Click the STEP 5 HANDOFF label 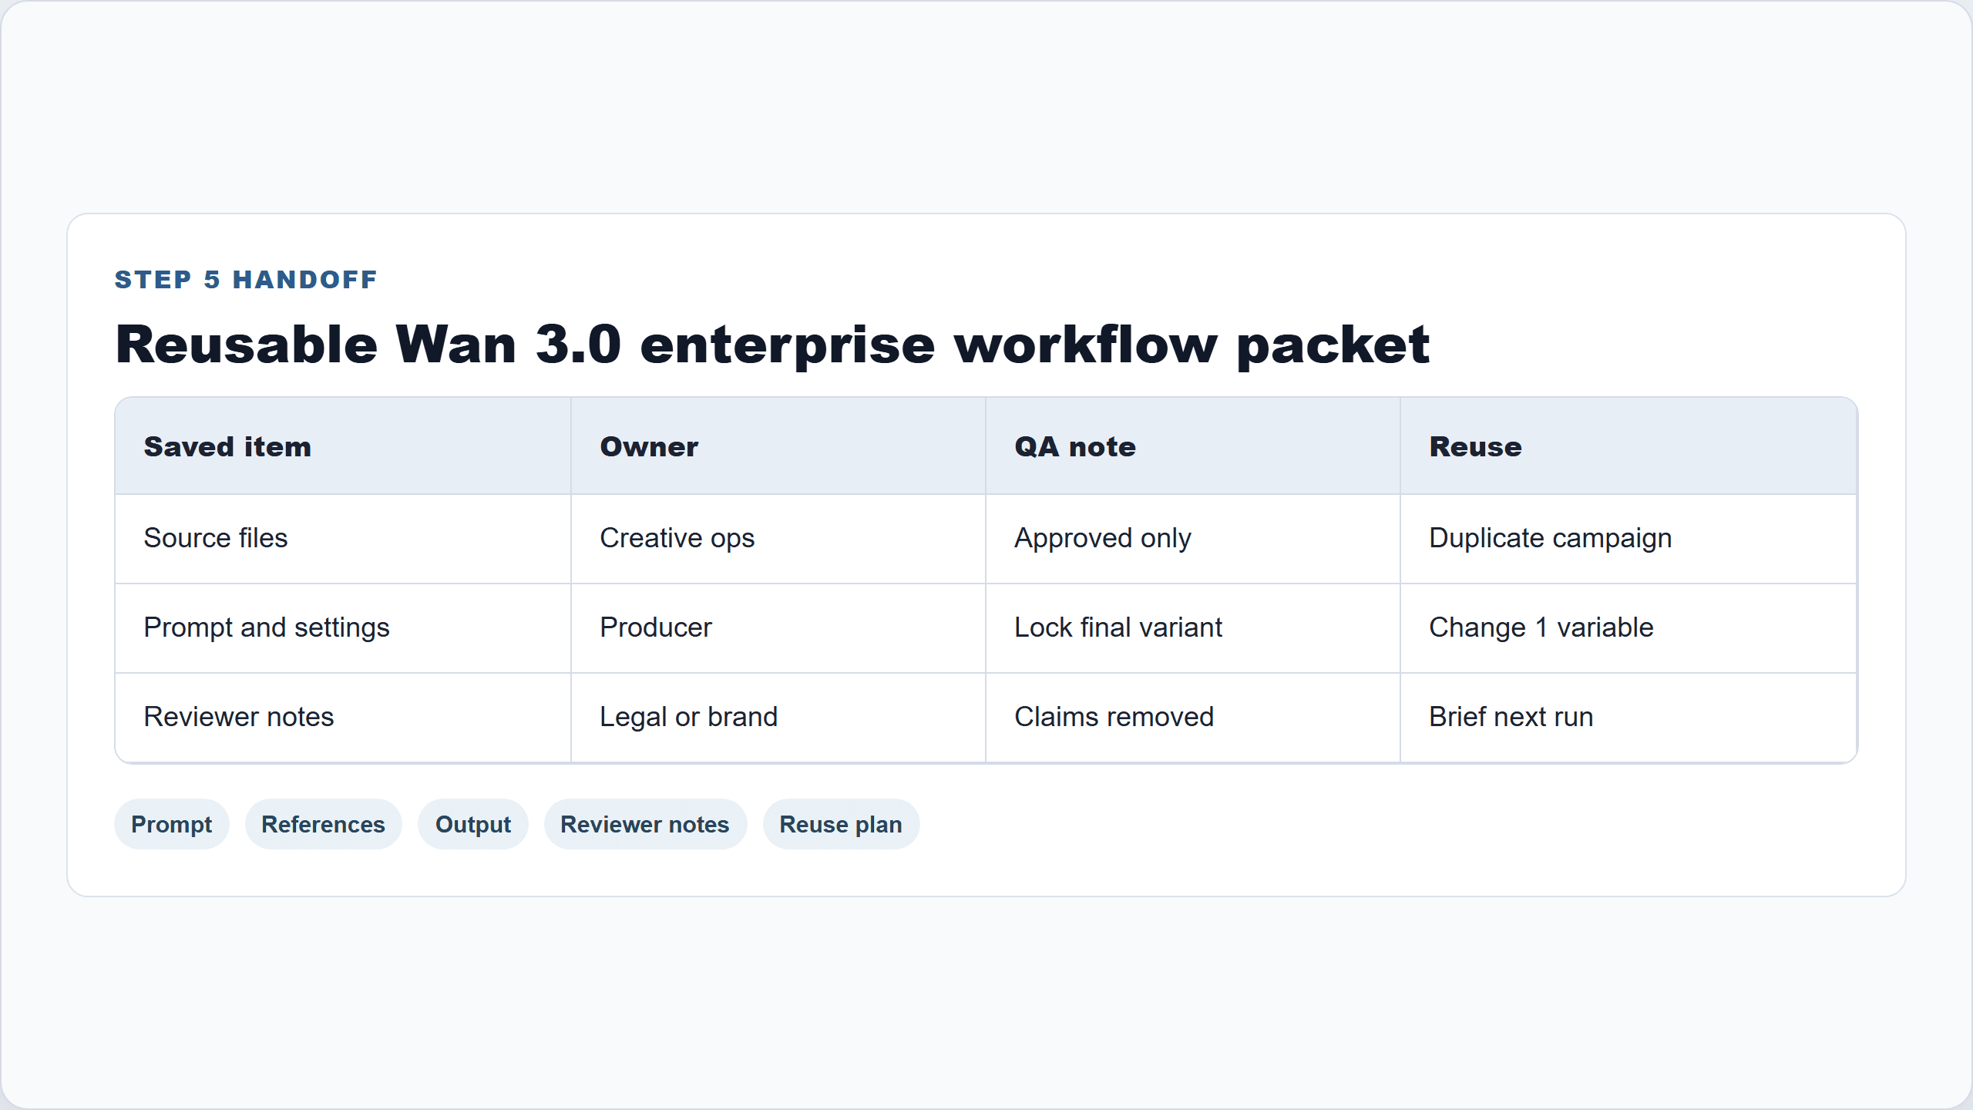click(246, 280)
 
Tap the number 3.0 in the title click(578, 344)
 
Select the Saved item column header click(227, 447)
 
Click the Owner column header click(649, 447)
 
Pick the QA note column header click(1075, 447)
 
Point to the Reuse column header click(1476, 447)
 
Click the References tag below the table click(324, 824)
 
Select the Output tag click(473, 824)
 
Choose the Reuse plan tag click(841, 824)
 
